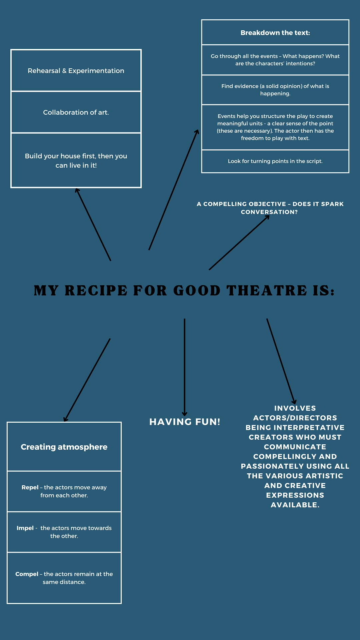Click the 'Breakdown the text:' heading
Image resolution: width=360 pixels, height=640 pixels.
click(275, 33)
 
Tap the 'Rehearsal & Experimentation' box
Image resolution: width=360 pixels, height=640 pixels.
click(76, 71)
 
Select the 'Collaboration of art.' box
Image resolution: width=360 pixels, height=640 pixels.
click(76, 112)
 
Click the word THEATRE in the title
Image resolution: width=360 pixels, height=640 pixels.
click(267, 291)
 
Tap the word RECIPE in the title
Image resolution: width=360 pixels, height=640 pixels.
click(96, 291)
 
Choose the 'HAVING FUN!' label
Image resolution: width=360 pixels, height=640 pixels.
click(185, 422)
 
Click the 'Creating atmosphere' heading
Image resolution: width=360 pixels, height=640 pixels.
click(64, 447)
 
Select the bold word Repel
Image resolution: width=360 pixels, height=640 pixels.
click(30, 487)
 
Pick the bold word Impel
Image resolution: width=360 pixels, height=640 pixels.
click(25, 528)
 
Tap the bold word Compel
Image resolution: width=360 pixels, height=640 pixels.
click(27, 574)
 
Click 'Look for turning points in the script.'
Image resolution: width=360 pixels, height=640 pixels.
click(275, 161)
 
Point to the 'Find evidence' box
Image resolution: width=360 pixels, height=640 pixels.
click(275, 90)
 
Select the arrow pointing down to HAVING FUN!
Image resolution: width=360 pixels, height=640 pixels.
click(184, 367)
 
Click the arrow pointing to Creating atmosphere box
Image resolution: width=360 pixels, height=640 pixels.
click(87, 380)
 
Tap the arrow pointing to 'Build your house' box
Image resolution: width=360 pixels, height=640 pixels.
click(94, 225)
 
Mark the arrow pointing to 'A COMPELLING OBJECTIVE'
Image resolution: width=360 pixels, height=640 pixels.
click(239, 242)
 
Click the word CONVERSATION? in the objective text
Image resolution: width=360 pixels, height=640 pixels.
click(269, 212)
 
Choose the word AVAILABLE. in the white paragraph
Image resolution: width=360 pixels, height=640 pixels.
click(295, 505)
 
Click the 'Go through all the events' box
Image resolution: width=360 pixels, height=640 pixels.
click(275, 60)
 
